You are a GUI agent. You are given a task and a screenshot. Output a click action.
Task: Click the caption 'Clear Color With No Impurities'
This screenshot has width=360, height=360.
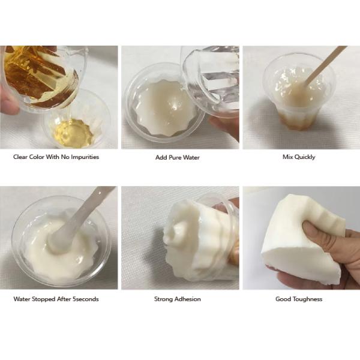click(56, 157)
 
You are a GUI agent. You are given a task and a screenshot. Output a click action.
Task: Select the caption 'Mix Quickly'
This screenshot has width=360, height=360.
click(299, 157)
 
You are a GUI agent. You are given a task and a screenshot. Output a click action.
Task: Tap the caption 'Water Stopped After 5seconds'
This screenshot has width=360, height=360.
click(56, 299)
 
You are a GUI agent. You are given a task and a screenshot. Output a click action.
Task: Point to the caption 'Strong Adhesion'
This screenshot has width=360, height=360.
click(177, 299)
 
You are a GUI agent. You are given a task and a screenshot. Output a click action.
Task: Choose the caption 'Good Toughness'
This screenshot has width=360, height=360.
click(299, 299)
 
